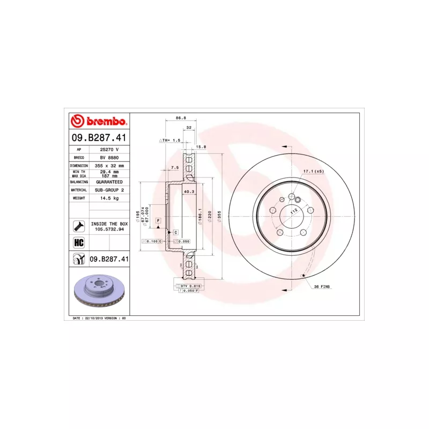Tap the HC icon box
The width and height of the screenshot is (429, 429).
[78, 242]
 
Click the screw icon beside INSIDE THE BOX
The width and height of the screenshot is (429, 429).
[78, 226]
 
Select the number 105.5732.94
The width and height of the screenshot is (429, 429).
[109, 229]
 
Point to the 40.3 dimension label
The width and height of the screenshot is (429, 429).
[189, 191]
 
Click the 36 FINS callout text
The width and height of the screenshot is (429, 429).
[322, 287]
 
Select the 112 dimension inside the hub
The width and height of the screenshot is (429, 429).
[293, 211]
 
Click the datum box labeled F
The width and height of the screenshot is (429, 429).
[159, 221]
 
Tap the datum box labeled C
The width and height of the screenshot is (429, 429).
[175, 232]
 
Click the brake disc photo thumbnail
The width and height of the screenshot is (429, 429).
[100, 293]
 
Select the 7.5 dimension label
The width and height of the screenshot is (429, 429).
[174, 168]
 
